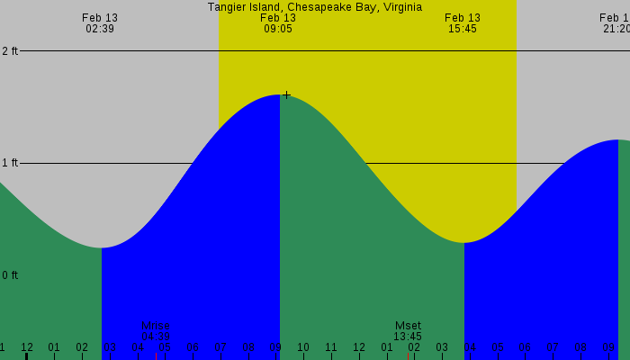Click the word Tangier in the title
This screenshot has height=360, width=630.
coord(228,6)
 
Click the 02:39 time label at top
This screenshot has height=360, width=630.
coord(100,29)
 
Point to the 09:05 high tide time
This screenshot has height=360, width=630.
coord(278,29)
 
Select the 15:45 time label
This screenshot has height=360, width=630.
coord(463,29)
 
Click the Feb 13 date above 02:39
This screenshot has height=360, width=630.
coord(100,18)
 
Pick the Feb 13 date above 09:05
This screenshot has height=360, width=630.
coord(278,18)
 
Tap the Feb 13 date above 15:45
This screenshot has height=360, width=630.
coord(463,18)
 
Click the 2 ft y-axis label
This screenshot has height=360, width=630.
coord(9,51)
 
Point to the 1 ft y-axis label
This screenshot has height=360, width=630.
coord(9,163)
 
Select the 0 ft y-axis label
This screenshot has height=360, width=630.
coord(9,275)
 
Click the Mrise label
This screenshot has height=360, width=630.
coord(155,326)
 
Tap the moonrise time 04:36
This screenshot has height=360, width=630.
coord(155,337)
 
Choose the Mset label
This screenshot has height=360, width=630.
coord(408,326)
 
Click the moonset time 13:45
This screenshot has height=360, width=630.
coord(408,337)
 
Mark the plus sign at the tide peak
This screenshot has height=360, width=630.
coord(286,95)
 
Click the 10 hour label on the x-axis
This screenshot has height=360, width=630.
coord(303,347)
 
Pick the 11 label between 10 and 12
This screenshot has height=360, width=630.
coord(331,347)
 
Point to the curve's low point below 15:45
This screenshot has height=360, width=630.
coord(463,242)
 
